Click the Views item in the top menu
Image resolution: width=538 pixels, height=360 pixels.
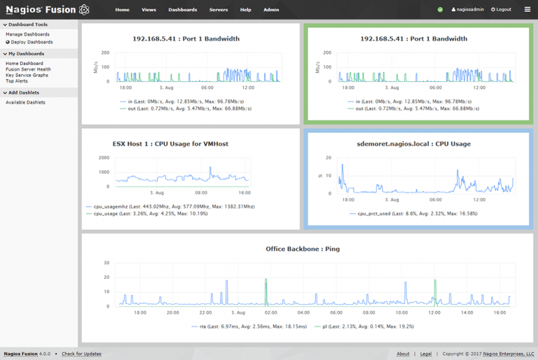149,10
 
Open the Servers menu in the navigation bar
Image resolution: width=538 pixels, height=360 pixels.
218,10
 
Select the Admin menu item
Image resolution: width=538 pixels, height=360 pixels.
271,10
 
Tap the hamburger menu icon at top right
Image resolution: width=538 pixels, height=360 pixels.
527,10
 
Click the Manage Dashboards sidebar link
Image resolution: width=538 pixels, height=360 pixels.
27,34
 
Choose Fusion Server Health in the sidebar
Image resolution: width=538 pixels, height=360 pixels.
28,69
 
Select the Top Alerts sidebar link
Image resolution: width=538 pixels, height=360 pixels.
18,81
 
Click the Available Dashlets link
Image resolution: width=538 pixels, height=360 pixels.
25,102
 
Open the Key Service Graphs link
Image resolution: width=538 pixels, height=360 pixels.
27,75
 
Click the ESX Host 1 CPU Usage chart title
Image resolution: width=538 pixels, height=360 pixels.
180,144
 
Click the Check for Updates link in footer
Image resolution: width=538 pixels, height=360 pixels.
81,354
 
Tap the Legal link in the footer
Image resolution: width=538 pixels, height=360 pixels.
426,354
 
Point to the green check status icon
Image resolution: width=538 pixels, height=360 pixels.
440,10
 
